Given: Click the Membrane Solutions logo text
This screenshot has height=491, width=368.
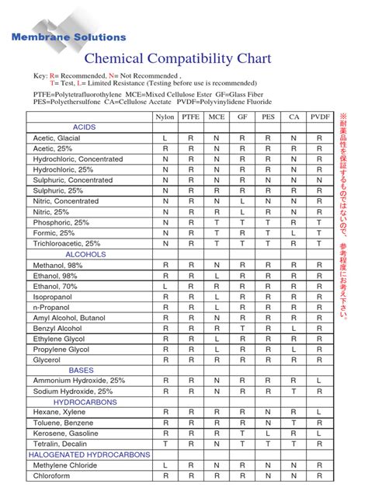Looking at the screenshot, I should pyautogui.click(x=68, y=37).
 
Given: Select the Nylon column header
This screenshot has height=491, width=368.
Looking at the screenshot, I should pyautogui.click(x=165, y=116).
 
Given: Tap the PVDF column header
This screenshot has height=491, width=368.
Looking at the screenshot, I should pyautogui.click(x=318, y=116).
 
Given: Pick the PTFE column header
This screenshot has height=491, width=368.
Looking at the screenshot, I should pyautogui.click(x=190, y=116).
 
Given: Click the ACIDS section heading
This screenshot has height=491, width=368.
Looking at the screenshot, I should pyautogui.click(x=85, y=127).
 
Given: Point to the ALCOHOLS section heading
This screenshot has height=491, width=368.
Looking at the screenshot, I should pyautogui.click(x=85, y=253).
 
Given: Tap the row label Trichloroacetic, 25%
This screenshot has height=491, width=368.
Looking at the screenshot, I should pyautogui.click(x=67, y=243).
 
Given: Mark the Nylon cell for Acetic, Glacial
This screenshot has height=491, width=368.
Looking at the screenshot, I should pyautogui.click(x=165, y=138).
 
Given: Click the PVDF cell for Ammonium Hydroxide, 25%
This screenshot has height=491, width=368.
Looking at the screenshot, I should pyautogui.click(x=318, y=380).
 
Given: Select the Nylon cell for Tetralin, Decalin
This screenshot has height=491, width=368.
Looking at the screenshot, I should pyautogui.click(x=165, y=444).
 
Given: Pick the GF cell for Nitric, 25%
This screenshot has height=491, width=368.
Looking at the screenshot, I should pyautogui.click(x=242, y=211).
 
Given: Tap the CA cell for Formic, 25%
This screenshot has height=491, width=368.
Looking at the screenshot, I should pyautogui.click(x=293, y=232).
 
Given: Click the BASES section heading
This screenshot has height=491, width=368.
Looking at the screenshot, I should pyautogui.click(x=82, y=370).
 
